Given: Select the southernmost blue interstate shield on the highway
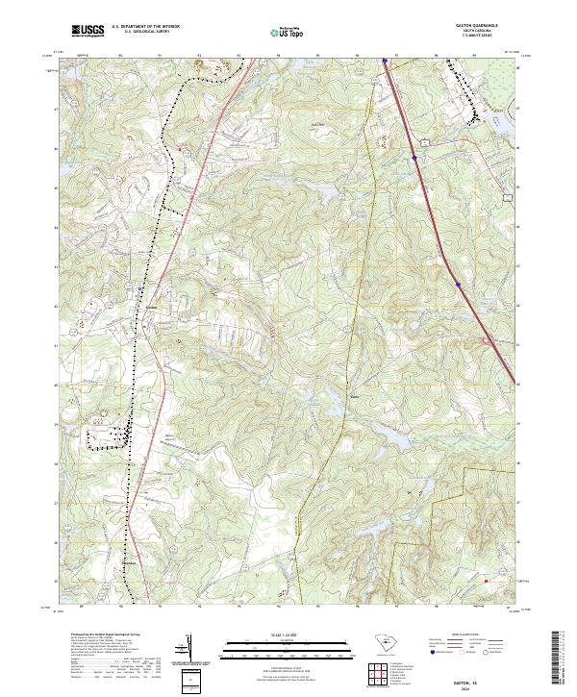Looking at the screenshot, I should [x=458, y=285].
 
